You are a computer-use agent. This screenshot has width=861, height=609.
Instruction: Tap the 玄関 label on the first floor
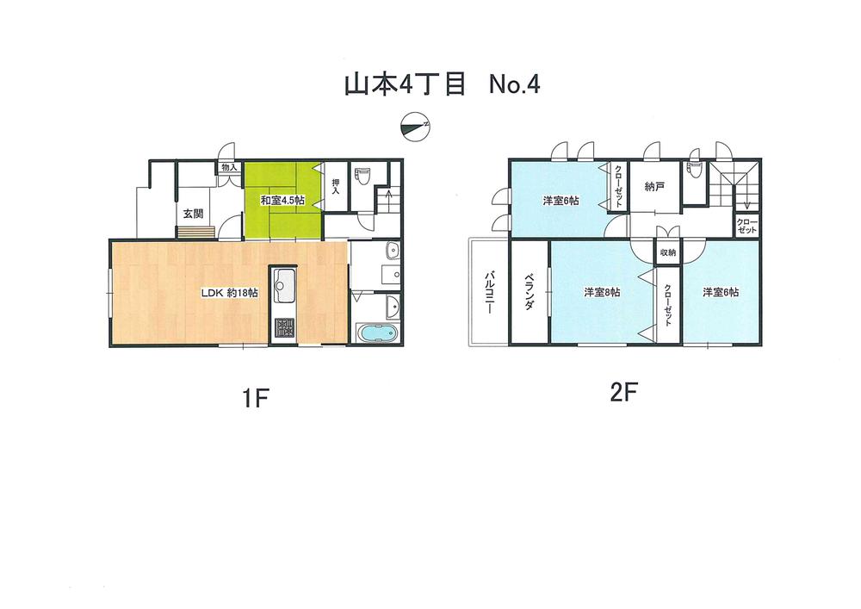[x=192, y=214]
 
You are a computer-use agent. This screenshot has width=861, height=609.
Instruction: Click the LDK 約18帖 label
[x=230, y=292]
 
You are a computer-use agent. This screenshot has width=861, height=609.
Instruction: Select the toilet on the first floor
[x=362, y=177]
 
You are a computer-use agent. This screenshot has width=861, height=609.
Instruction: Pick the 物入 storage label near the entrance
[x=229, y=167]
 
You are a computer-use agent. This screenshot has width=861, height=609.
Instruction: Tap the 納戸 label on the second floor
[x=653, y=186]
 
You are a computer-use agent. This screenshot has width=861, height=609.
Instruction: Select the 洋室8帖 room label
[x=602, y=292]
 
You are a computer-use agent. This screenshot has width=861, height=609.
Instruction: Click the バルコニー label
[x=488, y=294]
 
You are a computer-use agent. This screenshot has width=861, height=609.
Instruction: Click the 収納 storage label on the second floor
[x=668, y=252]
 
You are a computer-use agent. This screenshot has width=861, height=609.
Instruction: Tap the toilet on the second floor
[x=694, y=171]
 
